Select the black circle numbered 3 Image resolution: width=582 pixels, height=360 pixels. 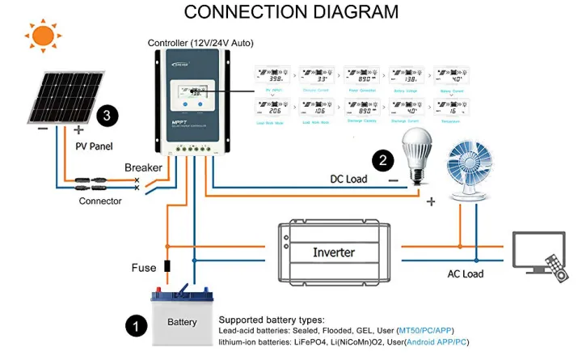tap(108, 116)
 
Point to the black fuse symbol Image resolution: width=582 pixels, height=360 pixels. tap(167, 266)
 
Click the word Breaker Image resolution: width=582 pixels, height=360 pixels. tap(144, 168)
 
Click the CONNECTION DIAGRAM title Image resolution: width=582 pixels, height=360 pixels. tap(291, 12)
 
